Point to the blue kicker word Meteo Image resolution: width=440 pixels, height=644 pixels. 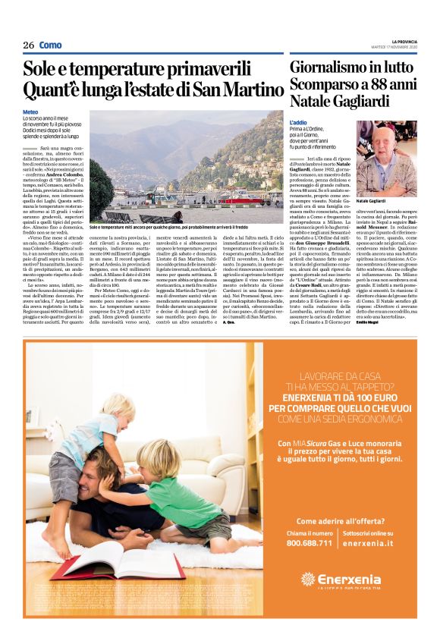click(x=30, y=112)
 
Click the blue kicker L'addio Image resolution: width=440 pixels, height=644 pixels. click(x=298, y=122)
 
